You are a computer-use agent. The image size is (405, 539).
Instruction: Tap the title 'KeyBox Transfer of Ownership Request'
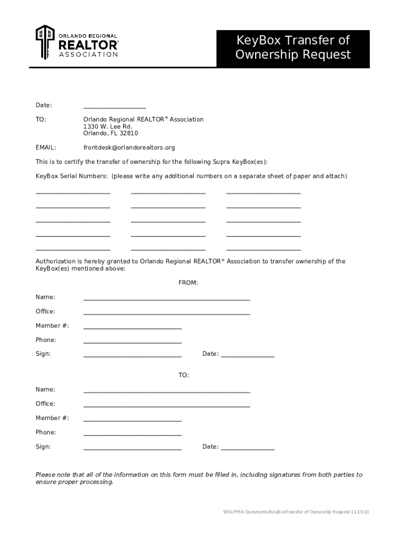pos(292,48)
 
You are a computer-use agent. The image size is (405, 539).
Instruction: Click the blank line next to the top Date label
pos(114,107)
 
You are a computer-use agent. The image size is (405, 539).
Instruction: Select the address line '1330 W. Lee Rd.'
pos(107,127)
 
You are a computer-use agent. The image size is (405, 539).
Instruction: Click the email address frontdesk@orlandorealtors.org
pos(129,147)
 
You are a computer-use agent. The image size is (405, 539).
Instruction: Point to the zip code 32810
pos(129,134)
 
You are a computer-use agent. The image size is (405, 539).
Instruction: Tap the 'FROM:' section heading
pos(188,283)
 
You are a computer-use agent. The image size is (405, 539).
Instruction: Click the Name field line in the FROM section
pos(166,299)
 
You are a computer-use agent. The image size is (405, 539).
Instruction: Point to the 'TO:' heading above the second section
pos(183,375)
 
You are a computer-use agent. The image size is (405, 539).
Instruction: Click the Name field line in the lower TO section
pos(166,392)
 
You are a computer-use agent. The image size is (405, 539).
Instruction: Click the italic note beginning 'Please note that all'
pos(199,478)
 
